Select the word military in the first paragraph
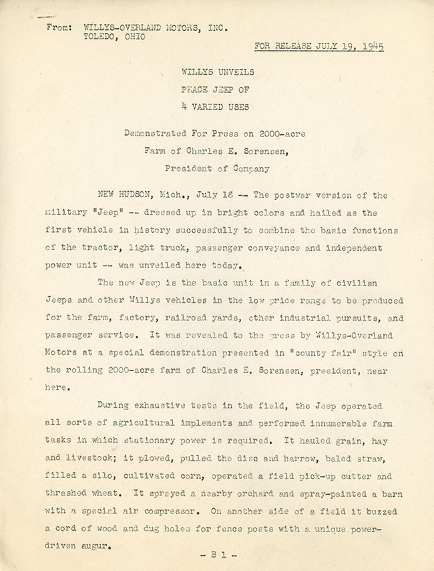point(65,213)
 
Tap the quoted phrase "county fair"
point(316,352)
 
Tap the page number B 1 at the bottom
point(216,554)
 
